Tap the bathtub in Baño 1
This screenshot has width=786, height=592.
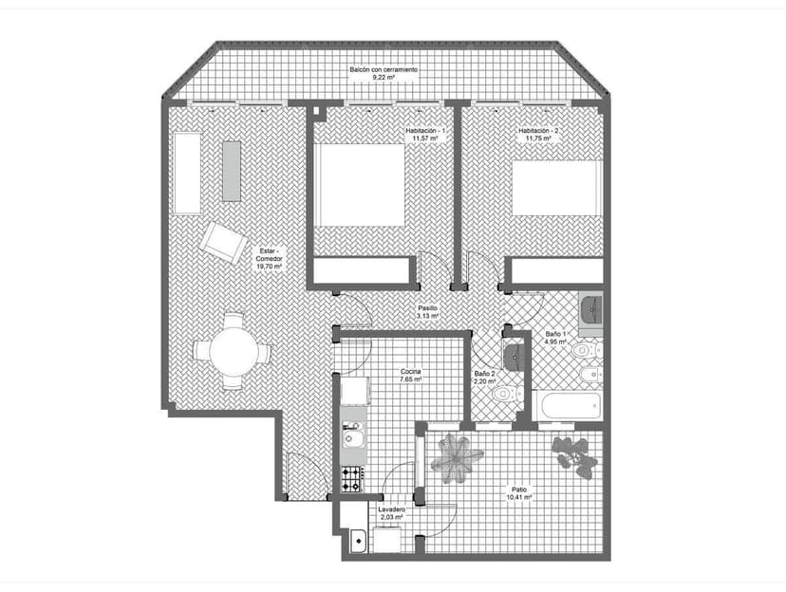(567, 406)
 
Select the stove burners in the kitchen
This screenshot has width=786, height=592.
(351, 478)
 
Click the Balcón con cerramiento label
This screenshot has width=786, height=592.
(384, 70)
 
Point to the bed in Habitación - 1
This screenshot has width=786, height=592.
(359, 185)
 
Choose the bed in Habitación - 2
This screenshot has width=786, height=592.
(557, 188)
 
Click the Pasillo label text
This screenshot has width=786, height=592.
(427, 308)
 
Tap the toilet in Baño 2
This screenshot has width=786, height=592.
(507, 394)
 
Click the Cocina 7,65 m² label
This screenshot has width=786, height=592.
(410, 376)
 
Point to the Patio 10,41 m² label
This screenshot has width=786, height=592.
(519, 493)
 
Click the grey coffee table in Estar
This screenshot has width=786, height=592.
(232, 172)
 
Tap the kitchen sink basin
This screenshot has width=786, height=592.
(352, 440)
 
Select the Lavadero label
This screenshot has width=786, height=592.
(392, 509)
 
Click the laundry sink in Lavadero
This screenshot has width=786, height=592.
(359, 541)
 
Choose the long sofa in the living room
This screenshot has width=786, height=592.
(187, 174)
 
